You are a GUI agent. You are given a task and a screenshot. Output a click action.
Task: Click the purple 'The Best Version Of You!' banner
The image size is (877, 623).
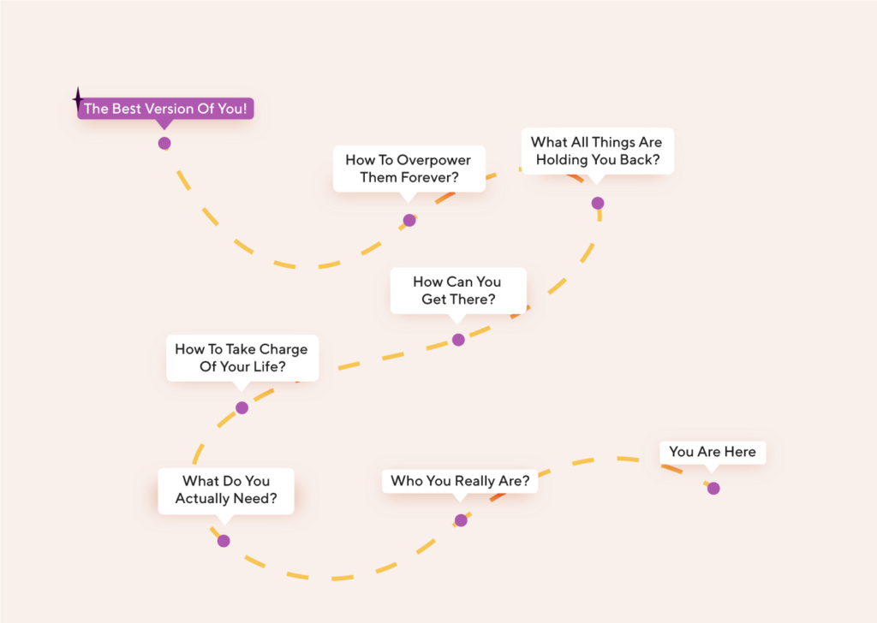point(165,109)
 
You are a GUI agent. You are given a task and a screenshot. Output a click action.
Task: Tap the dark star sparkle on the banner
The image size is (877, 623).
point(78,99)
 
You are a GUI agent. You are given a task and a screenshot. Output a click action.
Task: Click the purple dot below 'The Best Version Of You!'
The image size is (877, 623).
point(164,144)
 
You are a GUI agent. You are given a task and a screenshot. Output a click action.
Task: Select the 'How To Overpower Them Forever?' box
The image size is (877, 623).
point(409,169)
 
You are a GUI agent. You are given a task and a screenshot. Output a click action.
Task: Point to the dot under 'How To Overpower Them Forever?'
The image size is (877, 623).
point(409,220)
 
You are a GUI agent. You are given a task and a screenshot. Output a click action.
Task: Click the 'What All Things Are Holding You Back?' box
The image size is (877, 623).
point(597,151)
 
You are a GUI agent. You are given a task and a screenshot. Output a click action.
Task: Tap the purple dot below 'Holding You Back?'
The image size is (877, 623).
point(598,203)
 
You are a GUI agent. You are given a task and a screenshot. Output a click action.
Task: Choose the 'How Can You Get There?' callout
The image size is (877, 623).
point(458,291)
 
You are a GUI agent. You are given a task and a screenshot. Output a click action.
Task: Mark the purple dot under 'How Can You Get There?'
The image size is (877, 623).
point(459,340)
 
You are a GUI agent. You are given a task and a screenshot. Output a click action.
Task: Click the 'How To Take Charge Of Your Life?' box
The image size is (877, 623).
point(242,359)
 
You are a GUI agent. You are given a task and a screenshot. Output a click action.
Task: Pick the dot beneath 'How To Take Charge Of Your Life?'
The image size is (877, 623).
point(242,408)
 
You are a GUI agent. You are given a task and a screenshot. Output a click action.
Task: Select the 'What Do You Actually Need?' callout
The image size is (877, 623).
point(226,490)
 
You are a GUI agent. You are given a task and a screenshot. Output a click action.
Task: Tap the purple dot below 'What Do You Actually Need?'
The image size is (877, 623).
point(224,541)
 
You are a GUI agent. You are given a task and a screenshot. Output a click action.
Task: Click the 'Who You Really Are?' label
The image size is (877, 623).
point(460,481)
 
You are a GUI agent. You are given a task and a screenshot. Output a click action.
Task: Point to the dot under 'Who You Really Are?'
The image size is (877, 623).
point(461,521)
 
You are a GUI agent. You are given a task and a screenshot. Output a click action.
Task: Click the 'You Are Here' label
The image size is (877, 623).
point(713,452)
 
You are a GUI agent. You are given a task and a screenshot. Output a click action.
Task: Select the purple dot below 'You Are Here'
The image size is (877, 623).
point(713,489)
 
